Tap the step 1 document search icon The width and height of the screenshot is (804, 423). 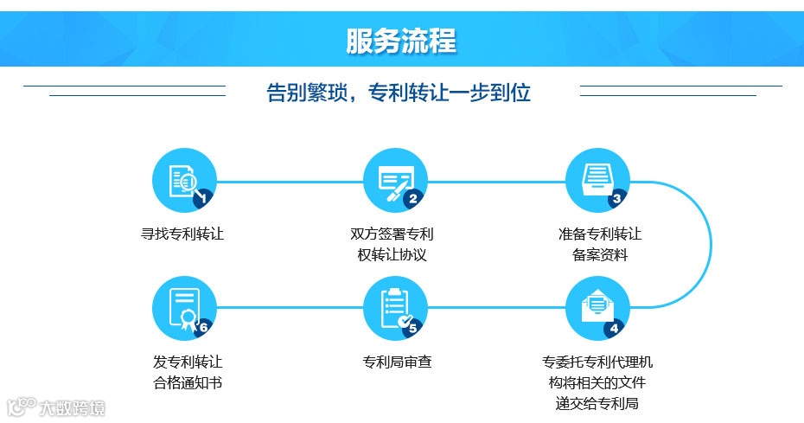[183, 180]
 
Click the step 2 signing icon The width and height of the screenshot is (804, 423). [396, 180]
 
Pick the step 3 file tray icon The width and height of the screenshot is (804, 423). [597, 180]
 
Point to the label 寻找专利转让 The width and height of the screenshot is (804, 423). [182, 234]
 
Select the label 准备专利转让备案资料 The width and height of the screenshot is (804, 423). [600, 244]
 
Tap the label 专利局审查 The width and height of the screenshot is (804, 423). [397, 362]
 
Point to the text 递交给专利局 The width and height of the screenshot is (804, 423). [597, 403]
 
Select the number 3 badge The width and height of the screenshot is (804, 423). [616, 199]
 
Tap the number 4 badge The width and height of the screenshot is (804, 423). [615, 328]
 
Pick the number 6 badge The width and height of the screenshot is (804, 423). [204, 328]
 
